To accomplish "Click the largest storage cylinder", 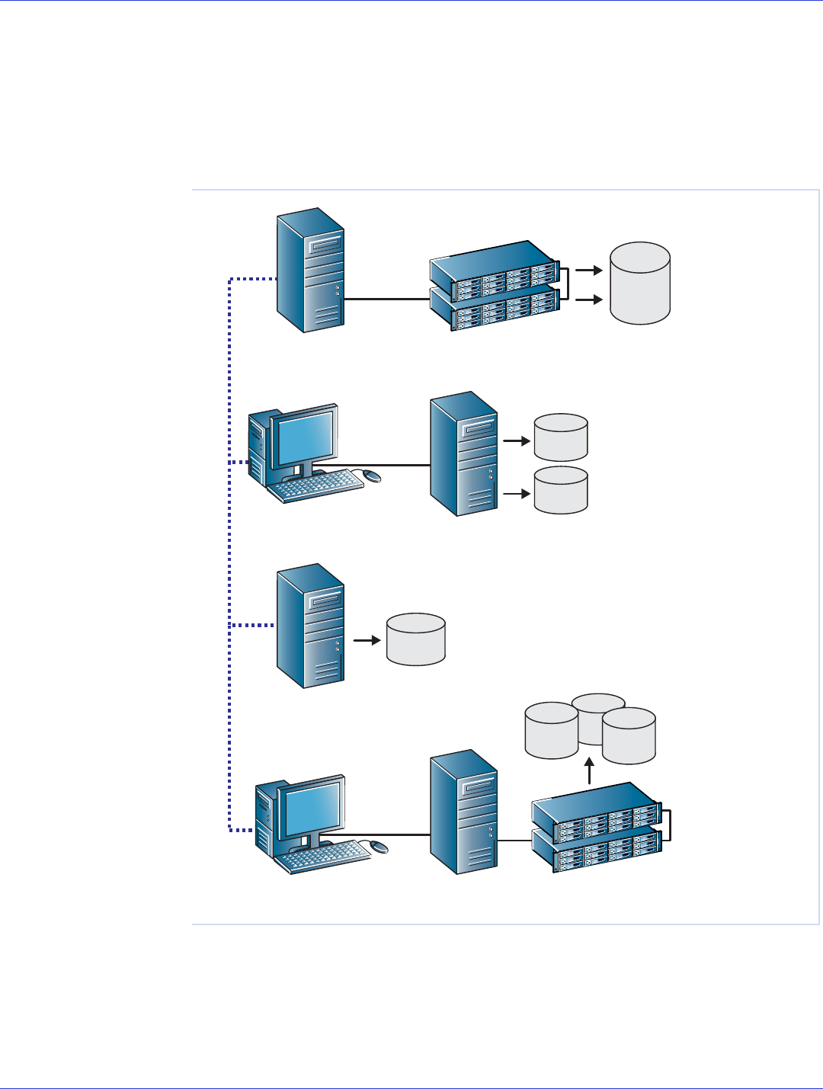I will pyautogui.click(x=640, y=283).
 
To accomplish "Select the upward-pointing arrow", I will pyautogui.click(x=590, y=770).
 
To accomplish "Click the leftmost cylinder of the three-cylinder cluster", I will pyautogui.click(x=551, y=731).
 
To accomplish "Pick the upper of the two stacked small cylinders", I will pyautogui.click(x=561, y=437).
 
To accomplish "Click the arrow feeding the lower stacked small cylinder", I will pyautogui.click(x=517, y=493).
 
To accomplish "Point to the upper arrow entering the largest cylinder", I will pyautogui.click(x=588, y=270).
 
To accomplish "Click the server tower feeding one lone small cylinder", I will pyautogui.click(x=310, y=626).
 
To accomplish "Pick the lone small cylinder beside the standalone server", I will pyautogui.click(x=416, y=639).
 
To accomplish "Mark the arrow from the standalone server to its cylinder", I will pyautogui.click(x=367, y=640).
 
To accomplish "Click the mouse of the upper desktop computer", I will pyautogui.click(x=371, y=476).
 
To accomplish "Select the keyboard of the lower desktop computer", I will pyautogui.click(x=322, y=857).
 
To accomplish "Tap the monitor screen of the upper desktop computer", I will pyautogui.click(x=305, y=437).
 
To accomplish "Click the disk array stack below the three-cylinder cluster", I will pyautogui.click(x=597, y=828).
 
